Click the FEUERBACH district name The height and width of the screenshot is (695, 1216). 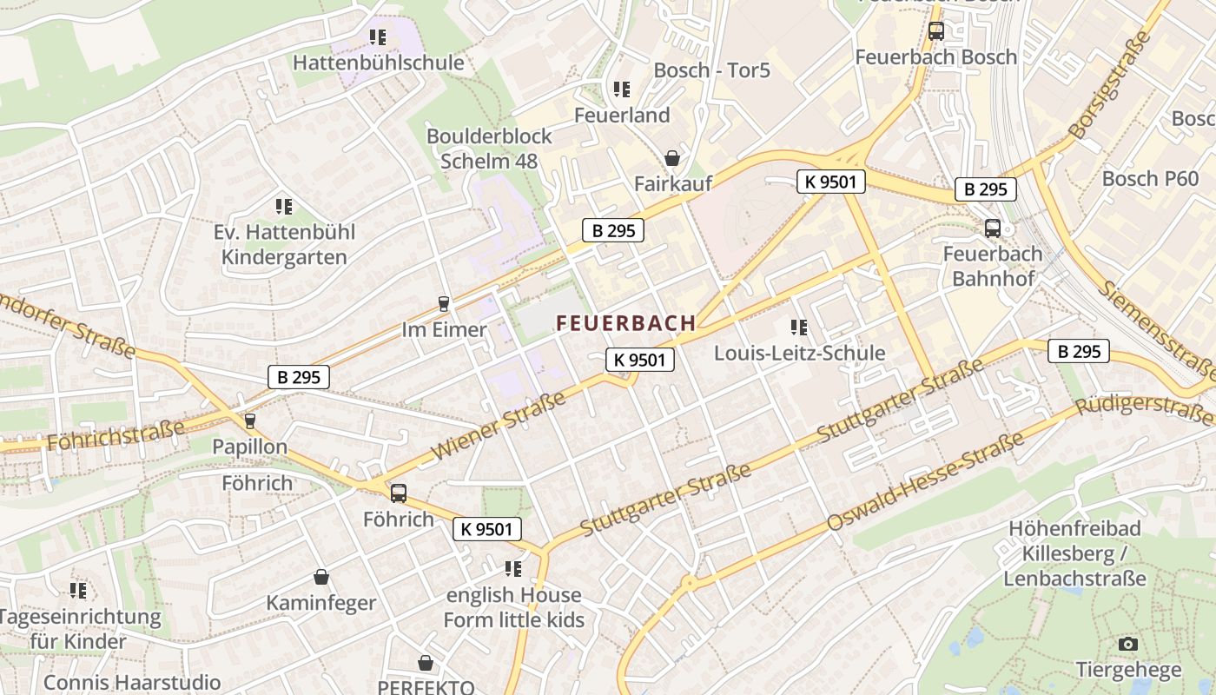click(x=625, y=323)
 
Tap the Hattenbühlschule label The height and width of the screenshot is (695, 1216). click(x=378, y=63)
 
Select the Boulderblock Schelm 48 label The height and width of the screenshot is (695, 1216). click(x=489, y=149)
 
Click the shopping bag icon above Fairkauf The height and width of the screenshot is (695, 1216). click(x=671, y=158)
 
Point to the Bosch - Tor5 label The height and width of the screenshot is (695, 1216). click(x=711, y=70)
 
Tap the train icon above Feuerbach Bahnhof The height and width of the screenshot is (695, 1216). click(x=992, y=228)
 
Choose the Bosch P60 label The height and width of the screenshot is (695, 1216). click(x=1150, y=179)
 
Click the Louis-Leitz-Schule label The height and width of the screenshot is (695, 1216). click(x=799, y=353)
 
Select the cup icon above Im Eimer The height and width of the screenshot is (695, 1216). click(x=444, y=303)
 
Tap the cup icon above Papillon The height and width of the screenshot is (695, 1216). click(x=250, y=420)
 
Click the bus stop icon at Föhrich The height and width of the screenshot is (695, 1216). click(x=398, y=493)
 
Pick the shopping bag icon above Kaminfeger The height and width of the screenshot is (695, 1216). click(x=321, y=577)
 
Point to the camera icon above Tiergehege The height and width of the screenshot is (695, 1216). click(x=1128, y=644)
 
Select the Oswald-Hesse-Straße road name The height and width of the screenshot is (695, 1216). click(x=926, y=482)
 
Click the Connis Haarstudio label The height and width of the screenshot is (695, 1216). click(x=132, y=682)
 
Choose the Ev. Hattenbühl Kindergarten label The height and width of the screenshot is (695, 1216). click(x=284, y=245)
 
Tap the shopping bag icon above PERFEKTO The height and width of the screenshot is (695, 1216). click(x=426, y=664)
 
